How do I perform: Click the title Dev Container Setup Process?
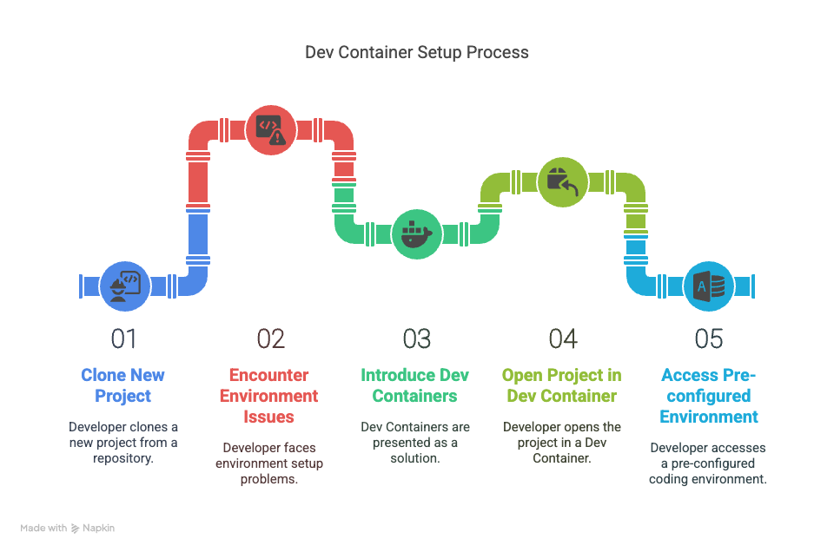click(416, 52)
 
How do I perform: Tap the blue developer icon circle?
click(125, 286)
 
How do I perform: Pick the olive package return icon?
click(562, 181)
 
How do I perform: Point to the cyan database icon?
click(708, 286)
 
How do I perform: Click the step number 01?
click(123, 338)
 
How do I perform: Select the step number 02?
click(270, 338)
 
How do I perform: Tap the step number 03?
click(416, 338)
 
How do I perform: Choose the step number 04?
click(562, 338)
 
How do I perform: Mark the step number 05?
click(708, 338)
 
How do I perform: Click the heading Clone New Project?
click(123, 385)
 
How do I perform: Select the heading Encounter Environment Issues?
click(270, 396)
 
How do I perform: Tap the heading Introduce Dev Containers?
click(415, 385)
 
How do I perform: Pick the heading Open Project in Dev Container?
click(561, 385)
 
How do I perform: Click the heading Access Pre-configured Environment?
click(708, 396)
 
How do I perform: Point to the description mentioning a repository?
click(123, 442)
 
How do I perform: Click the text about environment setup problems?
click(270, 463)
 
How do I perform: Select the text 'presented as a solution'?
click(415, 442)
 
